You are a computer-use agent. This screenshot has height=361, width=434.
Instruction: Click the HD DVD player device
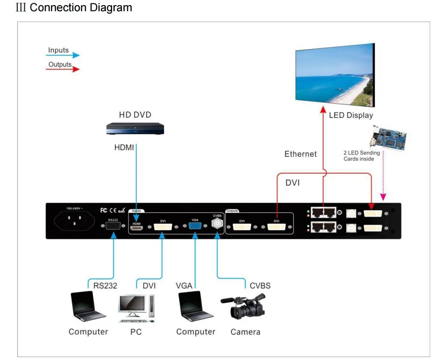[135, 129]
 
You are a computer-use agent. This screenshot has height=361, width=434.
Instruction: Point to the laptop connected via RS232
[88, 307]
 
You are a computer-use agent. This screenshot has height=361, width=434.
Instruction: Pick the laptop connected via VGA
[196, 307]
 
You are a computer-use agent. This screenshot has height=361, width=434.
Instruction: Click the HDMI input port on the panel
[136, 227]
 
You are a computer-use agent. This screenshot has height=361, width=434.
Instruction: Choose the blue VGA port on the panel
[195, 226]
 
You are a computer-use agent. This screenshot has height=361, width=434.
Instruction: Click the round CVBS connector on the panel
[217, 224]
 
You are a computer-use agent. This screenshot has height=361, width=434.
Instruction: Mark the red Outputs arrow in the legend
[63, 69]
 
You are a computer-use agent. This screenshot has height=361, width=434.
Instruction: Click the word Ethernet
[300, 154]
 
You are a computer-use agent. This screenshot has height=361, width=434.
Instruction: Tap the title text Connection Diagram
[81, 8]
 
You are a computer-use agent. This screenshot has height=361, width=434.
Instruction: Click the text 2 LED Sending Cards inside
[361, 156]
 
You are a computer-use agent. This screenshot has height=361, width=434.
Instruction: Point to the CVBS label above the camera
[260, 286]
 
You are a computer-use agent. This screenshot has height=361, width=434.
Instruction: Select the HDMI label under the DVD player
[124, 147]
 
